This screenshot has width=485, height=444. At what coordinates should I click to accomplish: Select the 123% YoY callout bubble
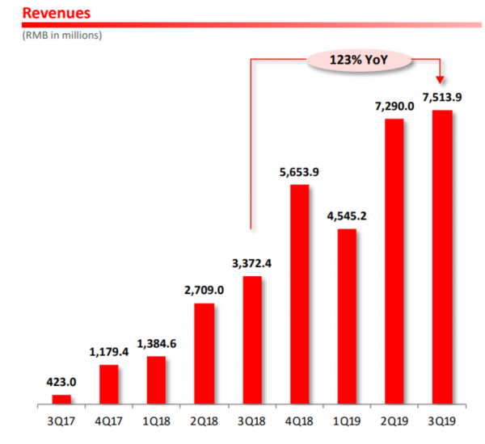click(359, 60)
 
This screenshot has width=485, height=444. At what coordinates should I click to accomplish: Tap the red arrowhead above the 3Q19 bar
click(441, 78)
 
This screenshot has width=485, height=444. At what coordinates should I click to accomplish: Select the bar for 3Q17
click(61, 399)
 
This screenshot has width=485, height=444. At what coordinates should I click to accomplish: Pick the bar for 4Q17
click(109, 384)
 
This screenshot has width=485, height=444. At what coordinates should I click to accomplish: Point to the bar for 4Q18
click(299, 294)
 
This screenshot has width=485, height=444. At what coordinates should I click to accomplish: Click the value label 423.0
click(61, 382)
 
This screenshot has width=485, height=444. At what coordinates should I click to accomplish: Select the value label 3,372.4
click(251, 262)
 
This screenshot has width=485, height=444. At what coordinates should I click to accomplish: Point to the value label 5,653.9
click(299, 171)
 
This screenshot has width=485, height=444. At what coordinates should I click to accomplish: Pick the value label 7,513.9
click(441, 97)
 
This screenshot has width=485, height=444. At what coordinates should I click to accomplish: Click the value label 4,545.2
click(347, 216)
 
